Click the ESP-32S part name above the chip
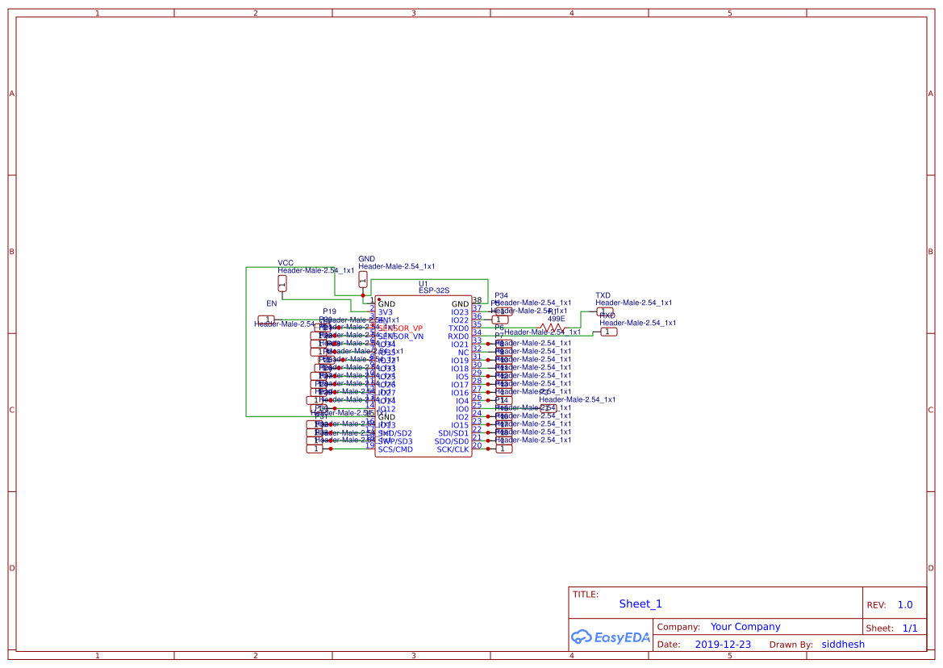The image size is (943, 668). (434, 290)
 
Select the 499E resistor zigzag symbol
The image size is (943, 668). (553, 328)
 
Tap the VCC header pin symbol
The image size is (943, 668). (282, 283)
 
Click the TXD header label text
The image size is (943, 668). (603, 296)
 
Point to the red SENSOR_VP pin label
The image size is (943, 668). (401, 328)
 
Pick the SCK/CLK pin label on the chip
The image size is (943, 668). (453, 449)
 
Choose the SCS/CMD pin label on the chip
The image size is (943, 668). (395, 449)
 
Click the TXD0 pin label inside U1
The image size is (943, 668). (458, 328)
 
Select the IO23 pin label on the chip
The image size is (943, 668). (460, 312)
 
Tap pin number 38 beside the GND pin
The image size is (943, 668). (477, 300)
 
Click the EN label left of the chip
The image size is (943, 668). (272, 303)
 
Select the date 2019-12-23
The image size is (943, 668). (723, 645)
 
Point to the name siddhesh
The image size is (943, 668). (843, 645)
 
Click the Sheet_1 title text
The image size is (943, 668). (640, 603)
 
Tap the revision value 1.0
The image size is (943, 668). (905, 605)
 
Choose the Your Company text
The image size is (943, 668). (745, 627)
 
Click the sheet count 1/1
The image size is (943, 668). (910, 628)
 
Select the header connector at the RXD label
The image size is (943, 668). (608, 332)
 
